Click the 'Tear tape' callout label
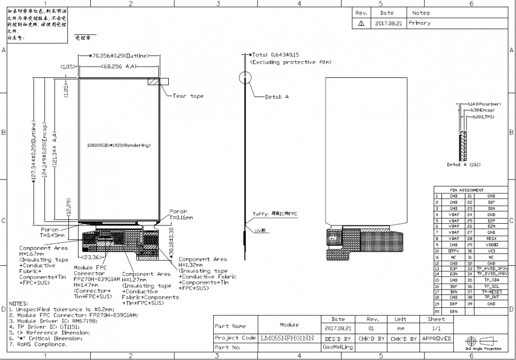tap(188, 96)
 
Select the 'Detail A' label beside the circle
tap(277, 96)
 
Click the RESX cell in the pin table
tap(491, 238)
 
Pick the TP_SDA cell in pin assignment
tap(491, 279)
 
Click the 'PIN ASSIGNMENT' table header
tap(466, 190)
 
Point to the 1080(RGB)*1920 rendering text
tap(119, 145)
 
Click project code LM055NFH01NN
tap(287, 338)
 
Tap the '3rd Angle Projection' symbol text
tap(483, 348)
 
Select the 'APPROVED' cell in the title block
tap(436, 338)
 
